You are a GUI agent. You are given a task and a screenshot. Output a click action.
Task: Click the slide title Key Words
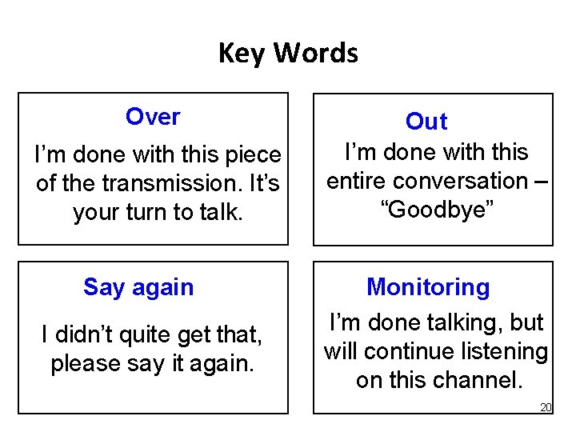coord(288,54)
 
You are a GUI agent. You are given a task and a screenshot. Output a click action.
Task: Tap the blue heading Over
coord(153,117)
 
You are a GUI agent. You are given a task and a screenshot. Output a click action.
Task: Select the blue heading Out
coord(426,122)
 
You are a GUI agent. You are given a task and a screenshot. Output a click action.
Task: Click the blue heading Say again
coord(138,287)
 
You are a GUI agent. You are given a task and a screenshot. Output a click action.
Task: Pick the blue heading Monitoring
coord(428,287)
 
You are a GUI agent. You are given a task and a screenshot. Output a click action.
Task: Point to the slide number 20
coord(546,407)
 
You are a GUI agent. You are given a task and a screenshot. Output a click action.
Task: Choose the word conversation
coord(467,181)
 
